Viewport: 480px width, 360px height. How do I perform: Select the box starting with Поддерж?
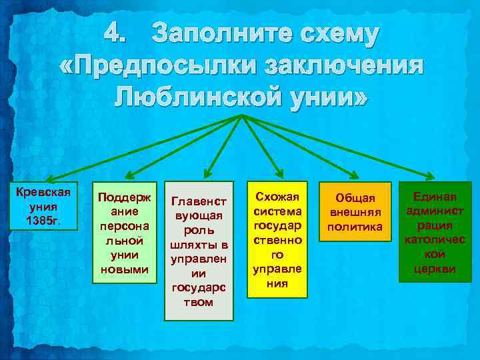click(x=125, y=232)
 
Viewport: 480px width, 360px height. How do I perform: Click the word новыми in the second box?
click(x=125, y=269)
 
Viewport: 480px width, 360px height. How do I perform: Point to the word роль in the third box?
click(x=199, y=231)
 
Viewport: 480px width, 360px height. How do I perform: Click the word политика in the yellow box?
click(x=355, y=228)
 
